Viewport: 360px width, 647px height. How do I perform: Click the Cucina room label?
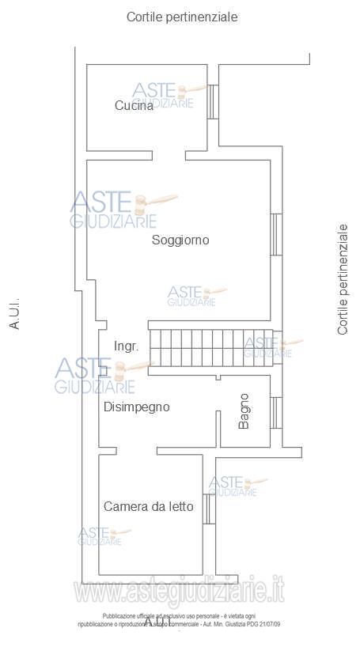pos(134,106)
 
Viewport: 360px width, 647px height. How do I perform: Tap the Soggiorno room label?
pos(180,240)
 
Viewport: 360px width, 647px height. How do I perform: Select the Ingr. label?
pos(127,346)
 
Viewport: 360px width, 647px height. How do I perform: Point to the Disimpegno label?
pos(137,407)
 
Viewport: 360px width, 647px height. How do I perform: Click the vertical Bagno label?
pos(244,411)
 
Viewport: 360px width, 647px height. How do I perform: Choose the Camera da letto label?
pos(148,506)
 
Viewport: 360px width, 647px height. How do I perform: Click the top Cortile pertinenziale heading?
pos(182,16)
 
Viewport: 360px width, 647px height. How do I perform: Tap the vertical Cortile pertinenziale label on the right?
pos(343,278)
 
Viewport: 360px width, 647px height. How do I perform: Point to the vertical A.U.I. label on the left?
pos(14,313)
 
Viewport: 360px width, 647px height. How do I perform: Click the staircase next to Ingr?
pos(210,346)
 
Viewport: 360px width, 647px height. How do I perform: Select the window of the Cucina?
pos(212,100)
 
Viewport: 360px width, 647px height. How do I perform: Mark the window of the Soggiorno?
pos(275,234)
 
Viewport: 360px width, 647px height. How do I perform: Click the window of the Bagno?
pos(275,412)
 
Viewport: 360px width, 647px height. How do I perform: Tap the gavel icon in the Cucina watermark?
pos(190,89)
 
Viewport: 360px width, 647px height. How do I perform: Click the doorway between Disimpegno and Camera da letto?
pos(157,451)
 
